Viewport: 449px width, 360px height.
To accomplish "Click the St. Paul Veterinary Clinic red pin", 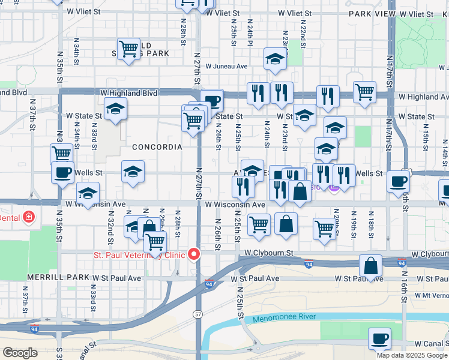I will click(194, 254).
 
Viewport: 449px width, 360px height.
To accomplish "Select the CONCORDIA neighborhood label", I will click(157, 147).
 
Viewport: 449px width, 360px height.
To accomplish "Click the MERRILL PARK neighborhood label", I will click(58, 278).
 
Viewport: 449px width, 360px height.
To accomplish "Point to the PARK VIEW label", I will click(371, 13).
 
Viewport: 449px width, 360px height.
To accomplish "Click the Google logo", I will click(20, 353).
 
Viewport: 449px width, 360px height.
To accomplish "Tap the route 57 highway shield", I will click(197, 314).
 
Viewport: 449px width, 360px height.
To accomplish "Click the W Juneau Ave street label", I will click(226, 67).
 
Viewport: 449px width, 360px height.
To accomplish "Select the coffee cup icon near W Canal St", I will click(379, 339).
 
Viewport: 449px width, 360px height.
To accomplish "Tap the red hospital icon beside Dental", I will click(29, 217).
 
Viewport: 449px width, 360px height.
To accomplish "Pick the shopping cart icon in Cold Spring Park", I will click(128, 48).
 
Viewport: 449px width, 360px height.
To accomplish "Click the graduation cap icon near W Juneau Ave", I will click(274, 59).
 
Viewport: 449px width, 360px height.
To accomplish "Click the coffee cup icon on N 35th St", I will click(62, 173).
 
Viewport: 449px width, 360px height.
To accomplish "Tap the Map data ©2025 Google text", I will click(412, 355).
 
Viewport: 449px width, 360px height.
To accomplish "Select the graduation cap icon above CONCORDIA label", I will click(115, 109).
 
